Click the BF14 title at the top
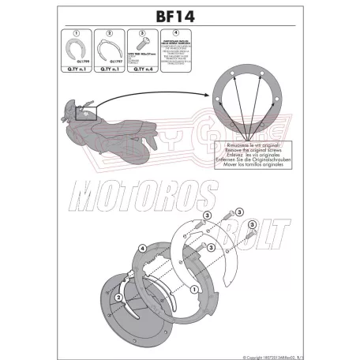point(181,13)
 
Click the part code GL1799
point(73,69)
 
